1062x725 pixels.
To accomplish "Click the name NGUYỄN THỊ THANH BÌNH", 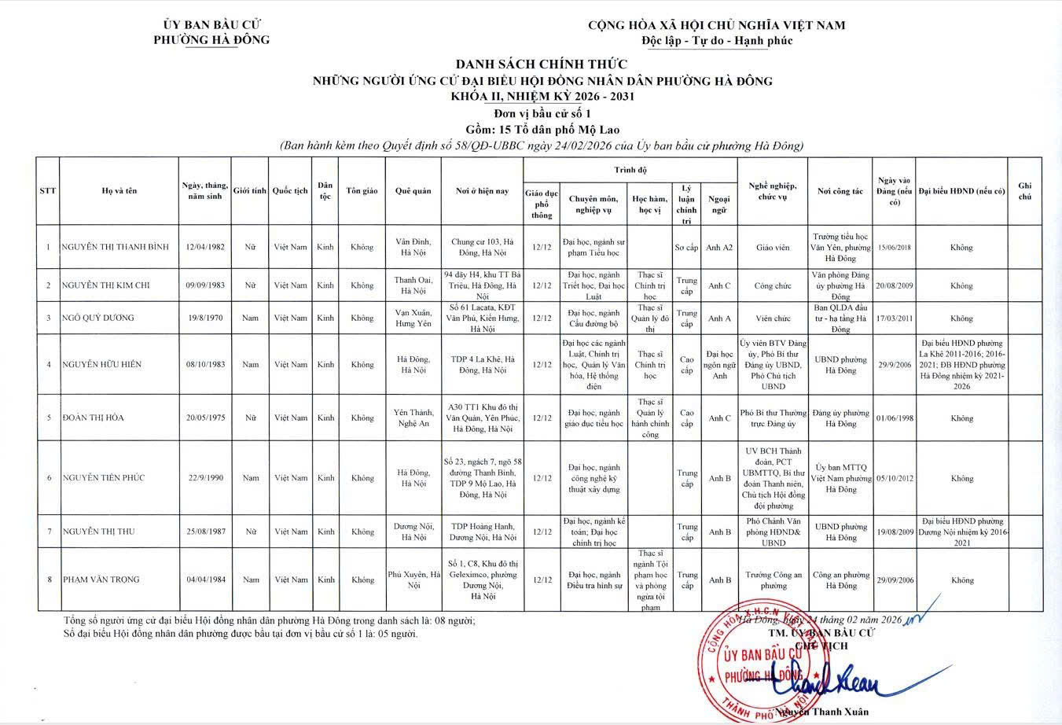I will coord(116,247).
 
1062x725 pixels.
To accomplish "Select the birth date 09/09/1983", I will coord(205,285).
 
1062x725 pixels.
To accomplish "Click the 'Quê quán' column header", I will coord(413,191).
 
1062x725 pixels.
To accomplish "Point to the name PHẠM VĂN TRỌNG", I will coord(101,580).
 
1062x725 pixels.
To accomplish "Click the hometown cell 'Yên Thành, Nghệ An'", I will coord(413,418).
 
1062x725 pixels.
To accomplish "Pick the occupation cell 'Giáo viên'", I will coord(772,247).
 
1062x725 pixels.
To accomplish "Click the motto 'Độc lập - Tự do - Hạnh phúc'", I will coord(716,41).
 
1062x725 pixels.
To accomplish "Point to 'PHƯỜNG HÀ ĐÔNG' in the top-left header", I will coord(212,40).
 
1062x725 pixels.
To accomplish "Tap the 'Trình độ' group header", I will coord(630,170).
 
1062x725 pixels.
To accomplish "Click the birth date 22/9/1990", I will coord(205,477).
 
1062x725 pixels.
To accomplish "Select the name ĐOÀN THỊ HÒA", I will coord(94,418).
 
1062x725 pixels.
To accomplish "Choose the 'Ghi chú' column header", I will coord(1024,191).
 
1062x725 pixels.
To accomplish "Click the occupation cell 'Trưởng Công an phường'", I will coord(772,580).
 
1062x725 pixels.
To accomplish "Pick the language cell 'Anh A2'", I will coord(718,247).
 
